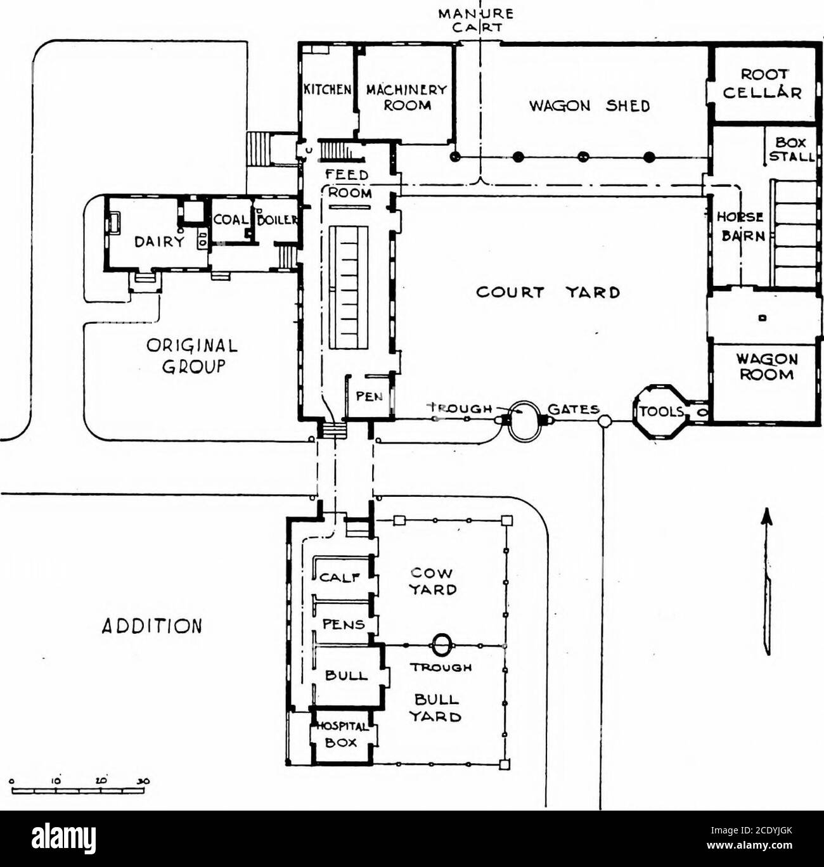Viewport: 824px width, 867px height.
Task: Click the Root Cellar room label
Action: (x=763, y=84)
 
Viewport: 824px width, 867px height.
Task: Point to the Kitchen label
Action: (x=326, y=89)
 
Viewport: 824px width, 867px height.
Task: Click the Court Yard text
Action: (x=547, y=292)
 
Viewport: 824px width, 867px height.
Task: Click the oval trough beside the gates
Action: (x=524, y=420)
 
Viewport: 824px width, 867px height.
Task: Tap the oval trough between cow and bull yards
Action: (x=442, y=645)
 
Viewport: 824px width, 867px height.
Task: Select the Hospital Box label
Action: (x=342, y=735)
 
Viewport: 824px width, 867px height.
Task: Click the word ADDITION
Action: (x=151, y=626)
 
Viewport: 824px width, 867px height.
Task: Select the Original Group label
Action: (x=192, y=357)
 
